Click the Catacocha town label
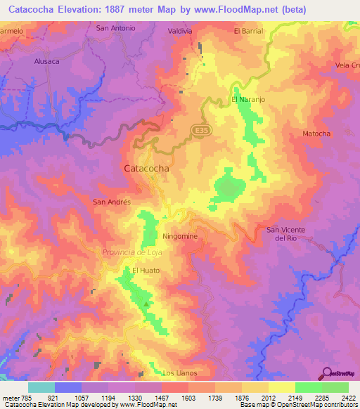pos(146,169)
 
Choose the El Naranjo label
pos(247,100)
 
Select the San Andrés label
pos(112,202)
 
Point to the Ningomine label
pos(179,237)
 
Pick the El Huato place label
pos(146,271)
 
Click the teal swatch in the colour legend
pos(41,387)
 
